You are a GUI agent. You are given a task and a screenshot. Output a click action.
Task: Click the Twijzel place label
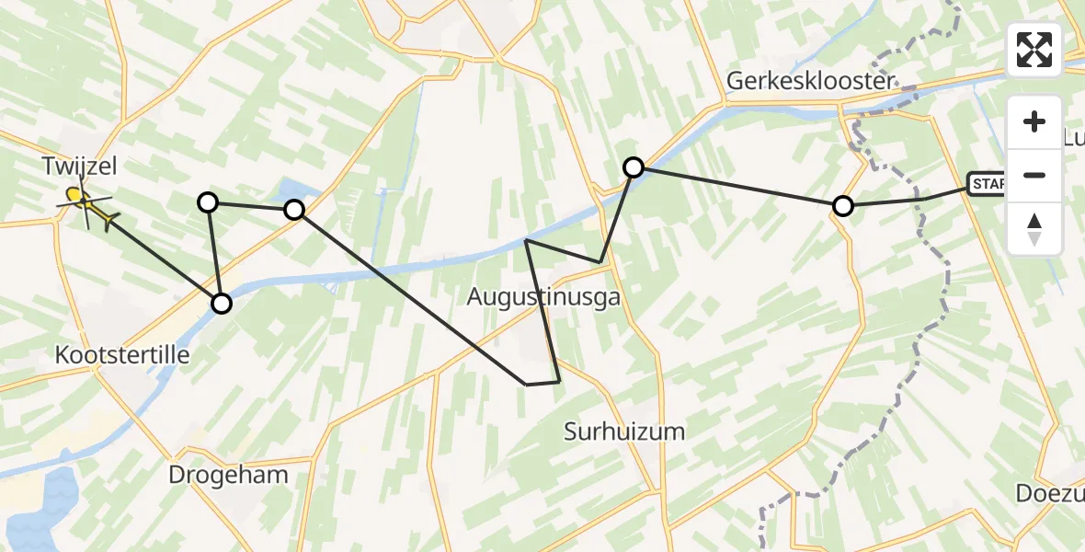click(x=79, y=167)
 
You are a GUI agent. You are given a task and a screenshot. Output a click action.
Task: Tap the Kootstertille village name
click(x=122, y=354)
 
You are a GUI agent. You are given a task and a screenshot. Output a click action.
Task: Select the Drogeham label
click(x=229, y=475)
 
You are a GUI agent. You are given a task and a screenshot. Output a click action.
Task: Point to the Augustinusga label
click(x=543, y=297)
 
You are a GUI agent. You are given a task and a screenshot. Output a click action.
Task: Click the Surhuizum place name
click(x=624, y=431)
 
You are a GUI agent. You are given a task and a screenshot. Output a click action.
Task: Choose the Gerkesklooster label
click(x=810, y=81)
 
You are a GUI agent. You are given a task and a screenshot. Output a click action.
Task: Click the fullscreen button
click(x=1034, y=50)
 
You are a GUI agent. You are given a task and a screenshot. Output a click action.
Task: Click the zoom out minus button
click(x=1034, y=175)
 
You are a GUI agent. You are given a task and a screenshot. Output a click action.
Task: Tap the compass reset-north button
click(x=1034, y=228)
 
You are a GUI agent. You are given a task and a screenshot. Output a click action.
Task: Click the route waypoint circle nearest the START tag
click(x=842, y=206)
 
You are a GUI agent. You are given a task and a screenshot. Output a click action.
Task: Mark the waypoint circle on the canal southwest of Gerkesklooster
click(x=634, y=167)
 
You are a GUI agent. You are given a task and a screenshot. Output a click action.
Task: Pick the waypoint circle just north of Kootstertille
click(x=222, y=303)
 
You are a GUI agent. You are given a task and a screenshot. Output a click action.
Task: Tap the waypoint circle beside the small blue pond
click(x=294, y=210)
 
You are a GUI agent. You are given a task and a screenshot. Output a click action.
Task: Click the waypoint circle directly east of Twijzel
click(x=209, y=201)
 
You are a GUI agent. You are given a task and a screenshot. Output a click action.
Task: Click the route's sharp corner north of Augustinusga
click(x=525, y=240)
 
